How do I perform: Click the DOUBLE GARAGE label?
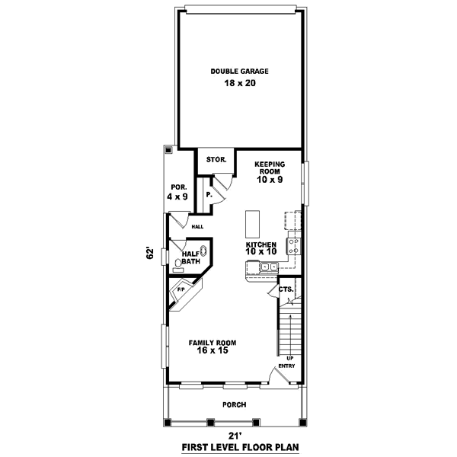(x=239, y=72)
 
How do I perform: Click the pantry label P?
(x=209, y=195)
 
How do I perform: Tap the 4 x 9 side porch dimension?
(x=177, y=197)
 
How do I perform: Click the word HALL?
(x=197, y=226)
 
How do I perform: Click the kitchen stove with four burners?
(x=293, y=245)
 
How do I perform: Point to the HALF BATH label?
(x=190, y=257)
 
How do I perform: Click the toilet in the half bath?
(x=179, y=265)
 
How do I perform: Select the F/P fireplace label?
(x=181, y=289)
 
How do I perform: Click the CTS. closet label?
(x=286, y=290)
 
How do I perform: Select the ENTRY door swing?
(x=277, y=374)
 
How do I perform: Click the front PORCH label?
(x=234, y=404)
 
